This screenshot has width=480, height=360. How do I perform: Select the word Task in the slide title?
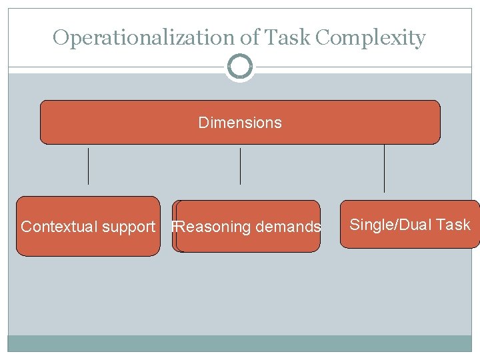(x=287, y=37)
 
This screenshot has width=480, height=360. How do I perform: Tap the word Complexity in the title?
(x=371, y=38)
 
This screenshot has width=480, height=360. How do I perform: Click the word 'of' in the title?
(x=250, y=37)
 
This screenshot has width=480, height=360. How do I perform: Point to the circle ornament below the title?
(x=240, y=67)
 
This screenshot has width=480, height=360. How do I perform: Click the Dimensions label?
(x=240, y=123)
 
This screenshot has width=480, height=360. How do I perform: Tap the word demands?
(x=288, y=227)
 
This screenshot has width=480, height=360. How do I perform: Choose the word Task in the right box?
(x=453, y=225)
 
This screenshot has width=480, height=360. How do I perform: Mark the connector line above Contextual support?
(x=88, y=166)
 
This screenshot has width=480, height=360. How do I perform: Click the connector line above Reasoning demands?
(x=240, y=166)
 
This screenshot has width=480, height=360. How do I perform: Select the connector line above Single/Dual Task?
(x=384, y=168)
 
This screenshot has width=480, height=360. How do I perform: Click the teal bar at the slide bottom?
(x=240, y=343)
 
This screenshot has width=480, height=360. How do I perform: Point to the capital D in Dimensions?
(x=203, y=123)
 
